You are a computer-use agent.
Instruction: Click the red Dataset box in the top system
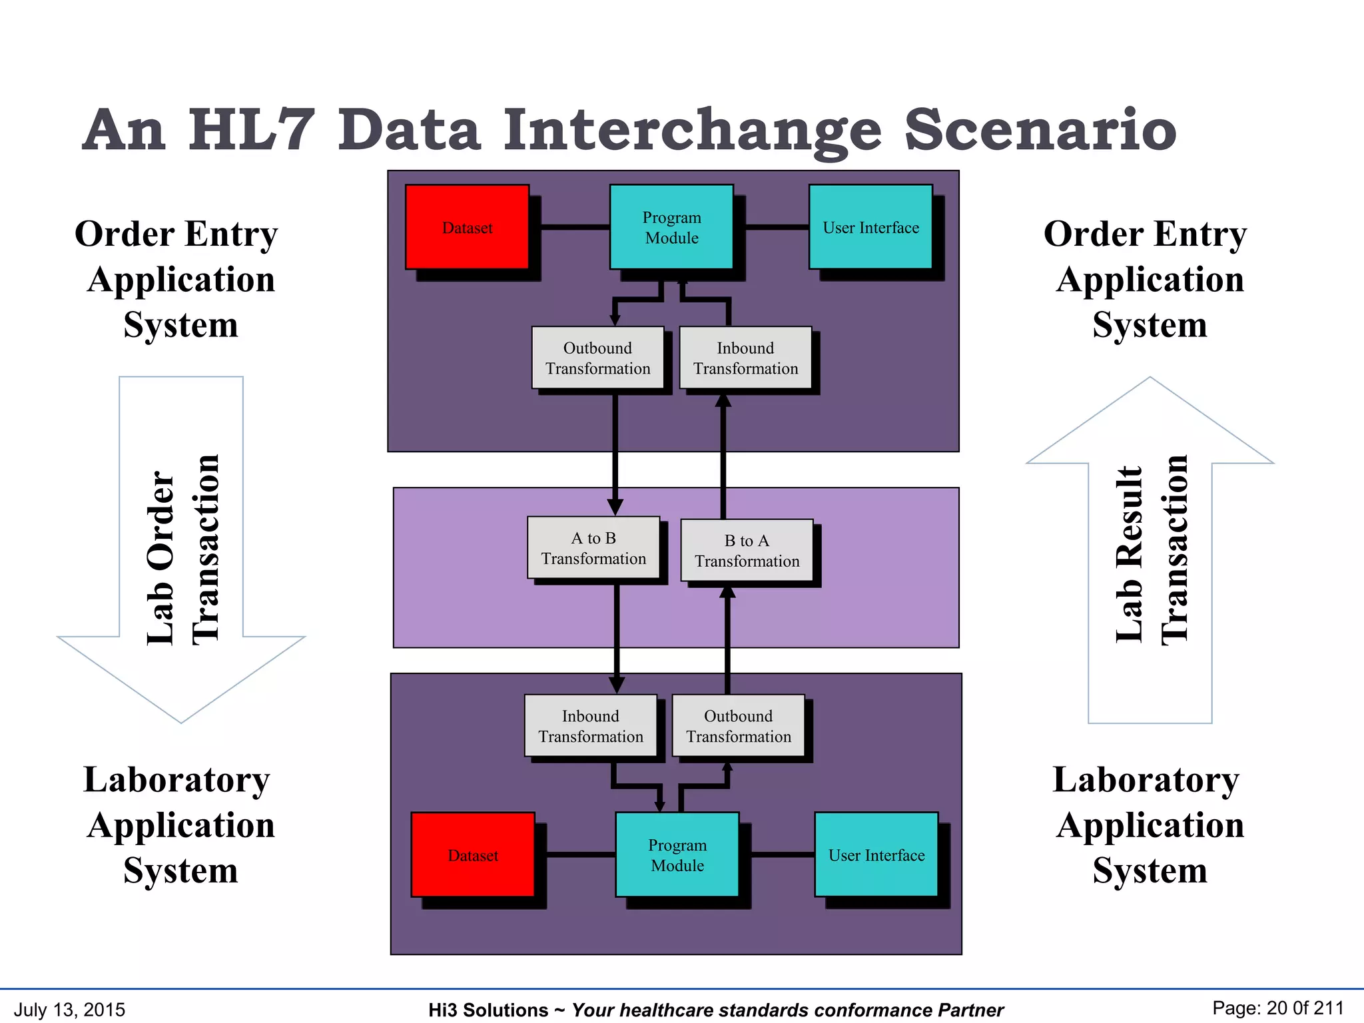tap(467, 227)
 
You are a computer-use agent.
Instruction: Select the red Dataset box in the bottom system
tap(473, 854)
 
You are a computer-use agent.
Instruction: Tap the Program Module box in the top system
tap(671, 227)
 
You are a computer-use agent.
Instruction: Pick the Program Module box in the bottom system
tap(677, 854)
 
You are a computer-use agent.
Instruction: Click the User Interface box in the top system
tap(870, 227)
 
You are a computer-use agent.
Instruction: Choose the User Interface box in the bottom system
tap(876, 854)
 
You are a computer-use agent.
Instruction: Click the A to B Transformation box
tap(593, 548)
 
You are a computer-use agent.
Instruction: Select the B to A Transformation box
tap(747, 551)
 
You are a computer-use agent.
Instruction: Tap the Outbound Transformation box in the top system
tap(597, 358)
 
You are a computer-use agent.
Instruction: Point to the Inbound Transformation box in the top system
tap(745, 358)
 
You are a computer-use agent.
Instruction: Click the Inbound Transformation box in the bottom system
tap(591, 726)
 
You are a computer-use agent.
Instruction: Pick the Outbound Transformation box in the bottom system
tap(739, 726)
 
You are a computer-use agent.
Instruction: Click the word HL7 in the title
tap(250, 129)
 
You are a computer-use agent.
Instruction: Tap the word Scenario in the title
tap(1040, 129)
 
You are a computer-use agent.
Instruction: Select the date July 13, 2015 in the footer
tap(69, 1009)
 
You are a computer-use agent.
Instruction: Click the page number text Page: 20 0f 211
tap(1277, 1008)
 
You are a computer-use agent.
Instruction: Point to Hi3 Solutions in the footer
tap(488, 1010)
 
